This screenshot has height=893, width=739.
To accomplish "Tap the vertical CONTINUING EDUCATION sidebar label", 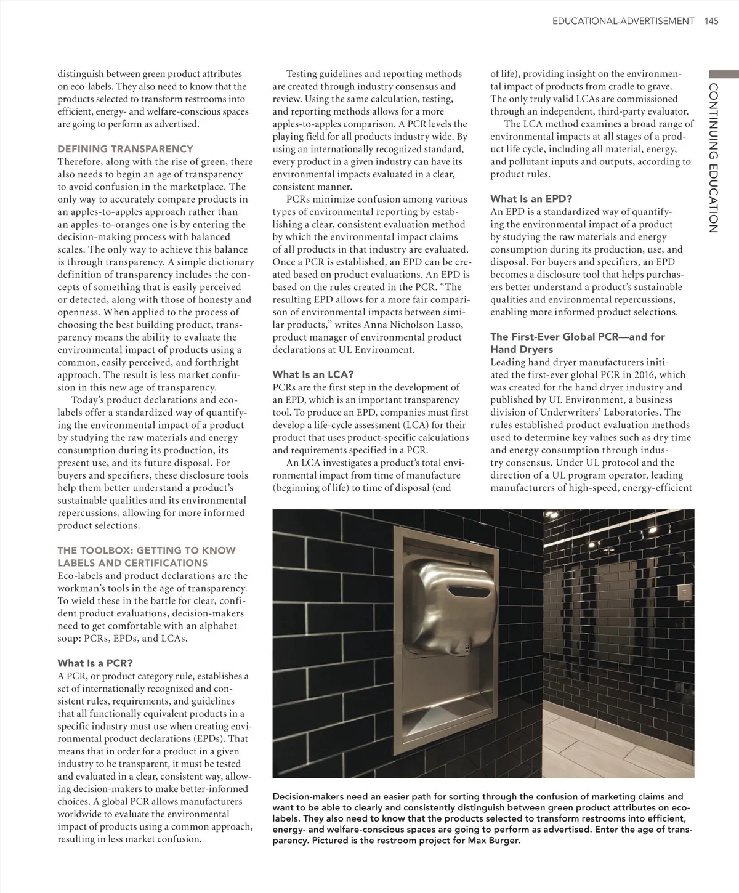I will click(x=713, y=157).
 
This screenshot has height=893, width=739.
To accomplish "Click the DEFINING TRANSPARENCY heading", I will click(x=125, y=149).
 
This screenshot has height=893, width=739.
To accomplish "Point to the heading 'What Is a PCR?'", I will click(x=95, y=663).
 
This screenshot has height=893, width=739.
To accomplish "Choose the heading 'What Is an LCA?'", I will click(x=313, y=374).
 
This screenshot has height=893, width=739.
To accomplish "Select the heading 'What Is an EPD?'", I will click(x=531, y=199).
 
